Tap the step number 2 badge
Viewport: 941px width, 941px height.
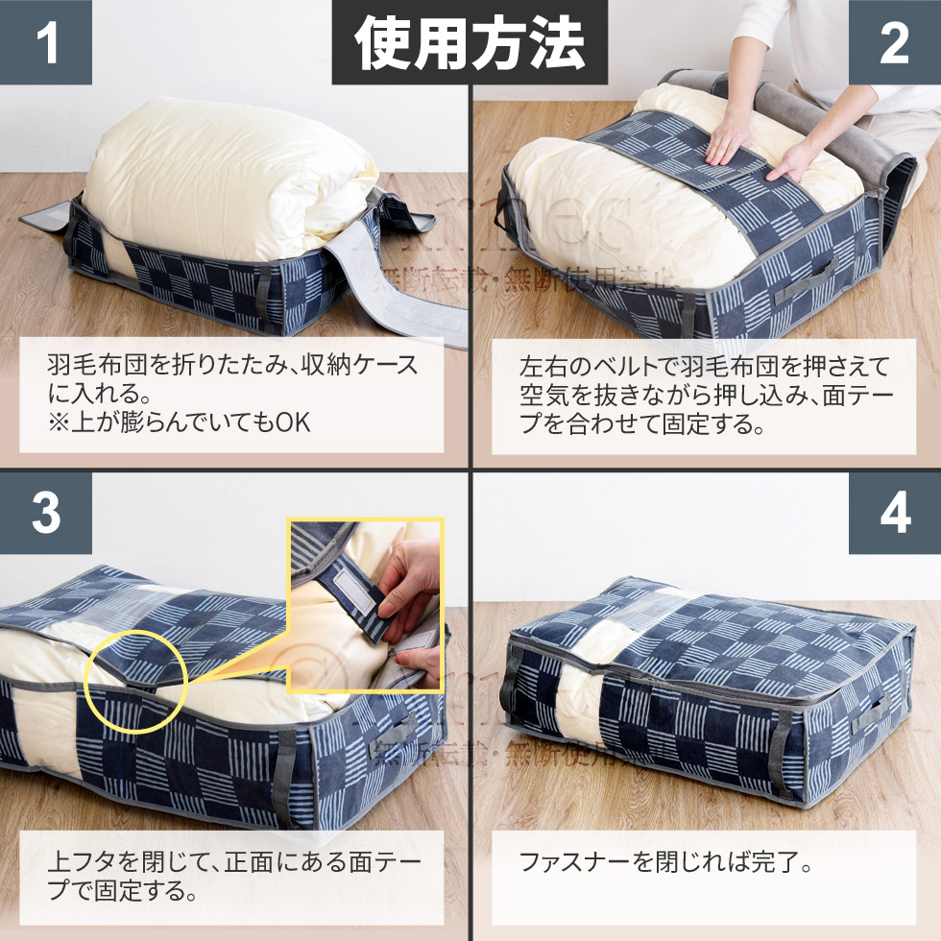coord(894,42)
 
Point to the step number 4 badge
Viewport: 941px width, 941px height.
coord(894,514)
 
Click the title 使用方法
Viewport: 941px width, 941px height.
coord(470,43)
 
